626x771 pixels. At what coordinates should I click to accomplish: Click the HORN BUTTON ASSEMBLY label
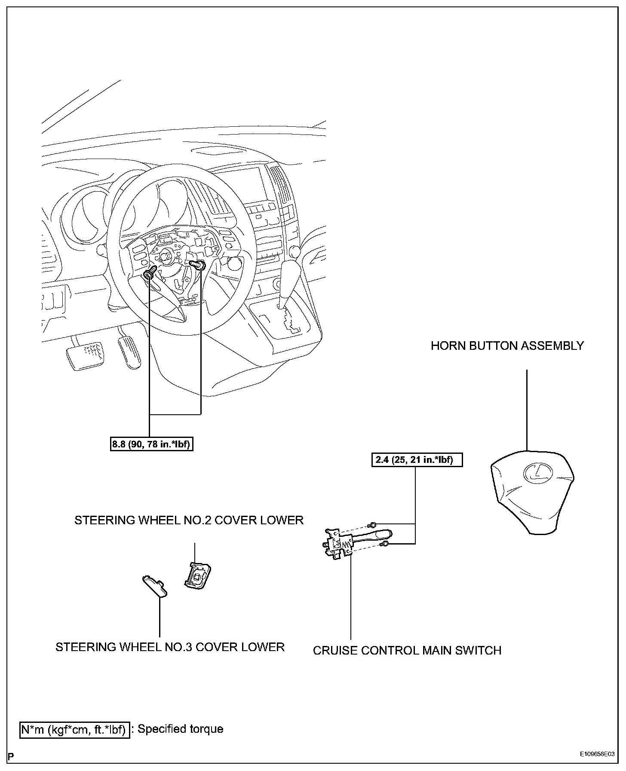point(507,346)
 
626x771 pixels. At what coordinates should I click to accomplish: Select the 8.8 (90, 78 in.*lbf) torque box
point(150,444)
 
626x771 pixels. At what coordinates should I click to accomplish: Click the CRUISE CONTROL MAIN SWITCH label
point(407,650)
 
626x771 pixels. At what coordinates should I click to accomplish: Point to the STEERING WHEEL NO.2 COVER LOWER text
point(189,520)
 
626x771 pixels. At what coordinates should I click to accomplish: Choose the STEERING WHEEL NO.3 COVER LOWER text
point(170,647)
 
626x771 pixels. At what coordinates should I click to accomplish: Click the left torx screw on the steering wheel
point(150,273)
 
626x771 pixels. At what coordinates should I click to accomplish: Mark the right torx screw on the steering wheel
point(199,265)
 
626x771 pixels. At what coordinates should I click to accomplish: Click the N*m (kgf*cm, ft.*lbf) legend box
point(74,730)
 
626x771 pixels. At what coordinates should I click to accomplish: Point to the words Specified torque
point(181,729)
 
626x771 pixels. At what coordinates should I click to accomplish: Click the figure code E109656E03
point(596,754)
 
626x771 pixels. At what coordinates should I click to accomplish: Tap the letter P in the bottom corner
point(11,756)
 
